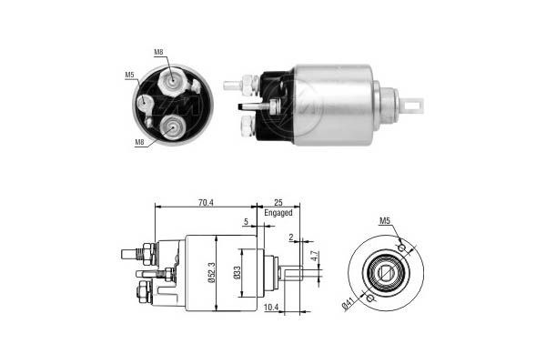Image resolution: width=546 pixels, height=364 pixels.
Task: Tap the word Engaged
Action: (x=278, y=212)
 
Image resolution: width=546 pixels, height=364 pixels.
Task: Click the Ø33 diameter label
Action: (x=237, y=273)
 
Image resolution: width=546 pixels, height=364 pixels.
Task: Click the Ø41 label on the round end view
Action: (x=349, y=306)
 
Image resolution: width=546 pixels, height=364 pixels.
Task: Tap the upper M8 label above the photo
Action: (x=159, y=53)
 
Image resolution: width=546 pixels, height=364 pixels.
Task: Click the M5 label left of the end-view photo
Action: (x=129, y=75)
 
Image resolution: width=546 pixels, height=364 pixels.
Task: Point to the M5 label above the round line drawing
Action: (x=385, y=221)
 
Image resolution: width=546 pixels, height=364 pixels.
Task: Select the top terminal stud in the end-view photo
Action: (x=169, y=82)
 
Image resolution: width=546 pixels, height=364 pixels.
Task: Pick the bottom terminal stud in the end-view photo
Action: (x=169, y=128)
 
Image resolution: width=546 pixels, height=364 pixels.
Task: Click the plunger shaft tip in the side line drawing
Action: (x=295, y=270)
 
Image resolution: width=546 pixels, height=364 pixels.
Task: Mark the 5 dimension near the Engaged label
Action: (x=246, y=221)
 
